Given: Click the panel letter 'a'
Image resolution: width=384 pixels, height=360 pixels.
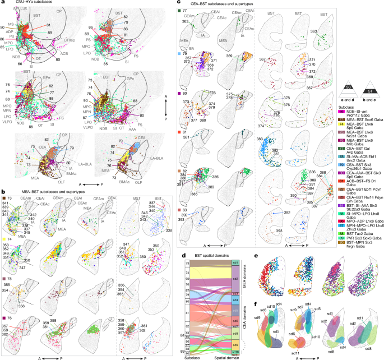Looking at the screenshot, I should [3, 3].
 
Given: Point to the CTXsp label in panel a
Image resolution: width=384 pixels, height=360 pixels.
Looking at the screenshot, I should [70, 40].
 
